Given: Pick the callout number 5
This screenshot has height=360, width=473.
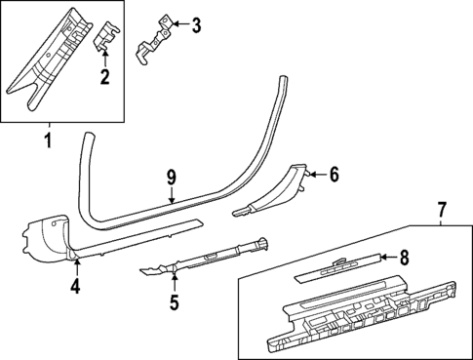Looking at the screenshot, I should pos(174,302).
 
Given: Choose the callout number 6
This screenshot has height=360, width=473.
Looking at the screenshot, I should pos(333,176).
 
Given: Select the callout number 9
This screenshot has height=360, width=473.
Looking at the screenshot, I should pos(171,177).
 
